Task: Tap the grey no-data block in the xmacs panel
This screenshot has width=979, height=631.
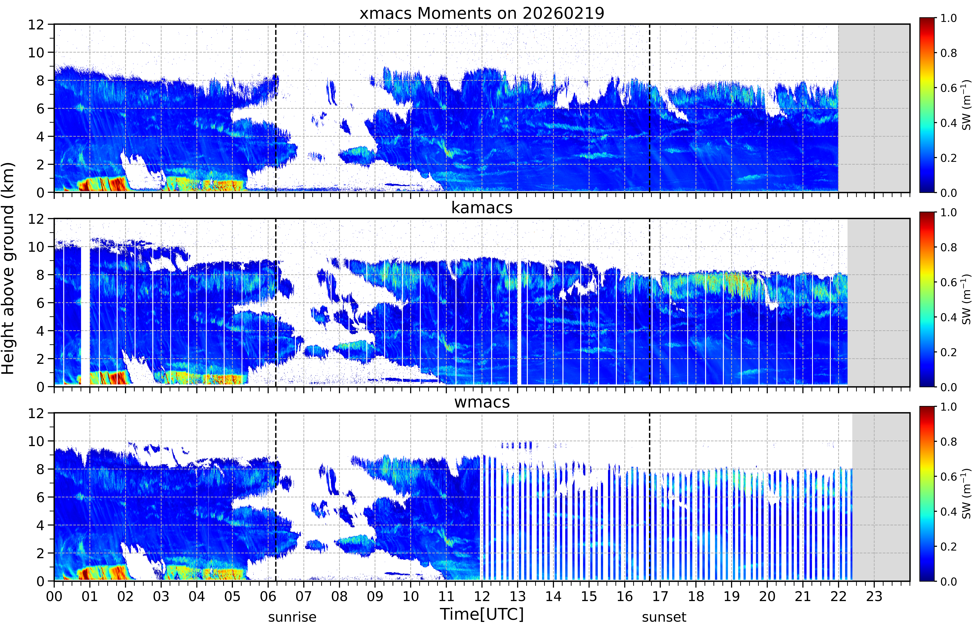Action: [x=874, y=108]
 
